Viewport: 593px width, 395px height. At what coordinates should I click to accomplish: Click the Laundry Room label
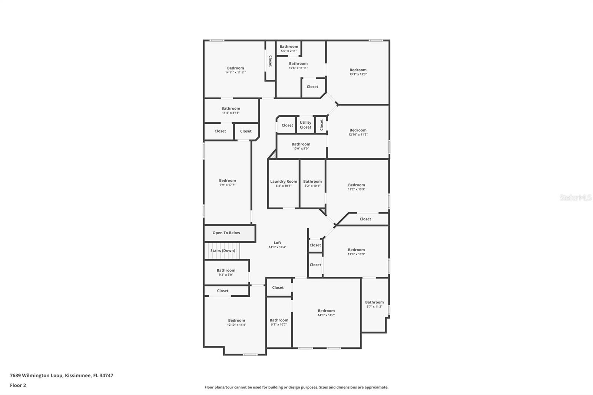point(284,182)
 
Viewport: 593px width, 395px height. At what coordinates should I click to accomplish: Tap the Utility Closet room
point(305,125)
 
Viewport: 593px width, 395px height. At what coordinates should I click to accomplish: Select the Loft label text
point(277,243)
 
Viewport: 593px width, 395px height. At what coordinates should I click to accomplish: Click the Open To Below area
point(226,233)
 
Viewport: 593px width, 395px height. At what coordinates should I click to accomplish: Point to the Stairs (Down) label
point(223,251)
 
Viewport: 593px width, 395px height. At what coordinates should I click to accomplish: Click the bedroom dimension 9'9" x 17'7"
point(227,185)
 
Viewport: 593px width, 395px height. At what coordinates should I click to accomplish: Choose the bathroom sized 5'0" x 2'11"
point(289,49)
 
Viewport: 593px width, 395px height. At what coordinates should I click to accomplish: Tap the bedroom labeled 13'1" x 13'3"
point(358,72)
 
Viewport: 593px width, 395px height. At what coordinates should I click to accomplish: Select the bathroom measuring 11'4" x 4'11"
point(231,110)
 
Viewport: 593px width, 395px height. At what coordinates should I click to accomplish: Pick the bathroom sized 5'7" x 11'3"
point(374,304)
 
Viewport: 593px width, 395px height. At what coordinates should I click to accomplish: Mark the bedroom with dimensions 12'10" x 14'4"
point(236,322)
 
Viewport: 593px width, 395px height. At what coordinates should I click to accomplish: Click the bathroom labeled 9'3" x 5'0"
point(226,272)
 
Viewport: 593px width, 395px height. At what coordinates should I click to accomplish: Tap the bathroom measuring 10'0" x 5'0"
point(301,146)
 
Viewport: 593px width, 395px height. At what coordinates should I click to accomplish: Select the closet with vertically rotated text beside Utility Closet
point(321,125)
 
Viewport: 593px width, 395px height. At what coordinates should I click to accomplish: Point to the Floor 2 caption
point(18,385)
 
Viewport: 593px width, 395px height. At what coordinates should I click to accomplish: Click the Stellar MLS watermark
point(575,197)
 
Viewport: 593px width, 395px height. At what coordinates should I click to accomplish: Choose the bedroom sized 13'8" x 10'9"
point(356,252)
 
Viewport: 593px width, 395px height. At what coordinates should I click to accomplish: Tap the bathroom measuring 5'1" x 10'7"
point(279,322)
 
